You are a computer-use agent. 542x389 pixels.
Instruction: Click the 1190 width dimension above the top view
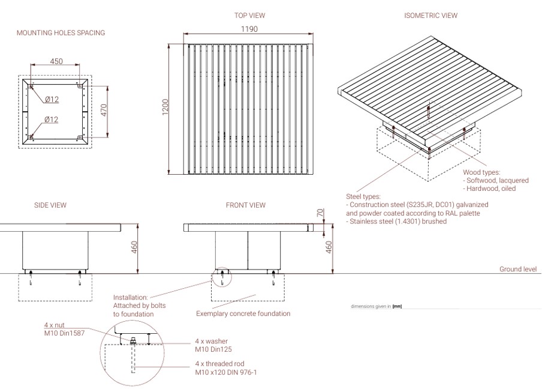click(249, 29)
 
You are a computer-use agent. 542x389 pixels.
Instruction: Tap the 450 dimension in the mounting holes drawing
click(56, 61)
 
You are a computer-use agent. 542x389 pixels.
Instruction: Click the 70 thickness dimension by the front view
click(321, 213)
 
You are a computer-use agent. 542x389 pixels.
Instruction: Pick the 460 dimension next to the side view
click(134, 247)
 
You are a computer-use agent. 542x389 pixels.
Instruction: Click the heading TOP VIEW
click(249, 16)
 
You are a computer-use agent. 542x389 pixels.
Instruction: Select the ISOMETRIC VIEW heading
click(430, 16)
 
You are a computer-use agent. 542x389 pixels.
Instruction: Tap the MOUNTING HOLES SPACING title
click(61, 33)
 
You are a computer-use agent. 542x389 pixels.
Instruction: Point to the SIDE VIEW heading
click(50, 205)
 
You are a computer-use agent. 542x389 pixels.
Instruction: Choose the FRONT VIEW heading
click(245, 205)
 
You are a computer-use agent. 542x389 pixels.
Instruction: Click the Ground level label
click(518, 270)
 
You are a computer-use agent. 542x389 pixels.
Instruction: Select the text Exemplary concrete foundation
click(243, 313)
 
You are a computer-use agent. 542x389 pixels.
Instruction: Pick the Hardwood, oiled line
click(489, 188)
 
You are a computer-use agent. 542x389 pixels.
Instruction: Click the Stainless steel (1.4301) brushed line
click(396, 222)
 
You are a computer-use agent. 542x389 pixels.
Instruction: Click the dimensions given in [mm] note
click(376, 306)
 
